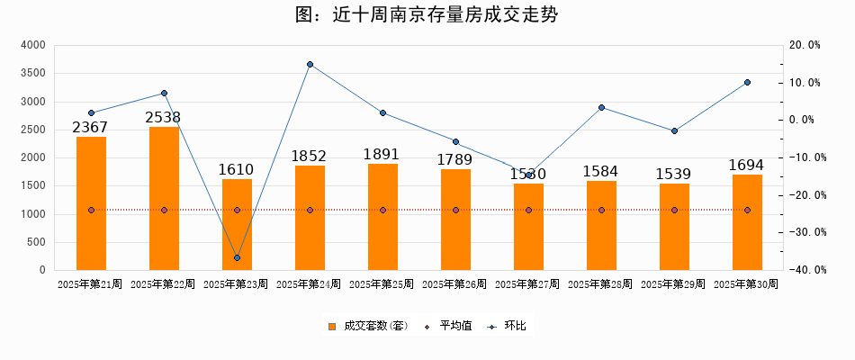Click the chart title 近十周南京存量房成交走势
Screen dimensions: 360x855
pyautogui.click(x=427, y=15)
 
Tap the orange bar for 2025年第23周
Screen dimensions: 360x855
pyautogui.click(x=237, y=224)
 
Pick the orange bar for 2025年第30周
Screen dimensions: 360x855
pyautogui.click(x=747, y=222)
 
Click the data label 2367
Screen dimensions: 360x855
pyautogui.click(x=91, y=128)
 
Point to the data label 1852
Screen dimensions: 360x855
pyautogui.click(x=310, y=157)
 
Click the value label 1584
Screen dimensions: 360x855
pyautogui.click(x=601, y=171)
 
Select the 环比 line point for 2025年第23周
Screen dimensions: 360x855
pyautogui.click(x=237, y=258)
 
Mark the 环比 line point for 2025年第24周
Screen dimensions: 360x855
pyautogui.click(x=310, y=64)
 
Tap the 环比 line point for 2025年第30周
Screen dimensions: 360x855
pyautogui.click(x=747, y=83)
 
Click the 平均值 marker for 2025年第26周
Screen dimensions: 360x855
pyautogui.click(x=455, y=211)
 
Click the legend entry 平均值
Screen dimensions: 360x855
pyautogui.click(x=449, y=326)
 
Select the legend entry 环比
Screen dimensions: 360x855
pyautogui.click(x=508, y=326)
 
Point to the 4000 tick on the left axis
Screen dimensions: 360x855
pyautogui.click(x=32, y=45)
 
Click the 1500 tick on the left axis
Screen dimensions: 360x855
pyautogui.click(x=32, y=186)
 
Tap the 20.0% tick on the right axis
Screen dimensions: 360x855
pyautogui.click(x=804, y=45)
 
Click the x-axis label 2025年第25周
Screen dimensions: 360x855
pyautogui.click(x=382, y=284)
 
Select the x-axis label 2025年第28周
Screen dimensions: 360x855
pyautogui.click(x=601, y=284)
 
